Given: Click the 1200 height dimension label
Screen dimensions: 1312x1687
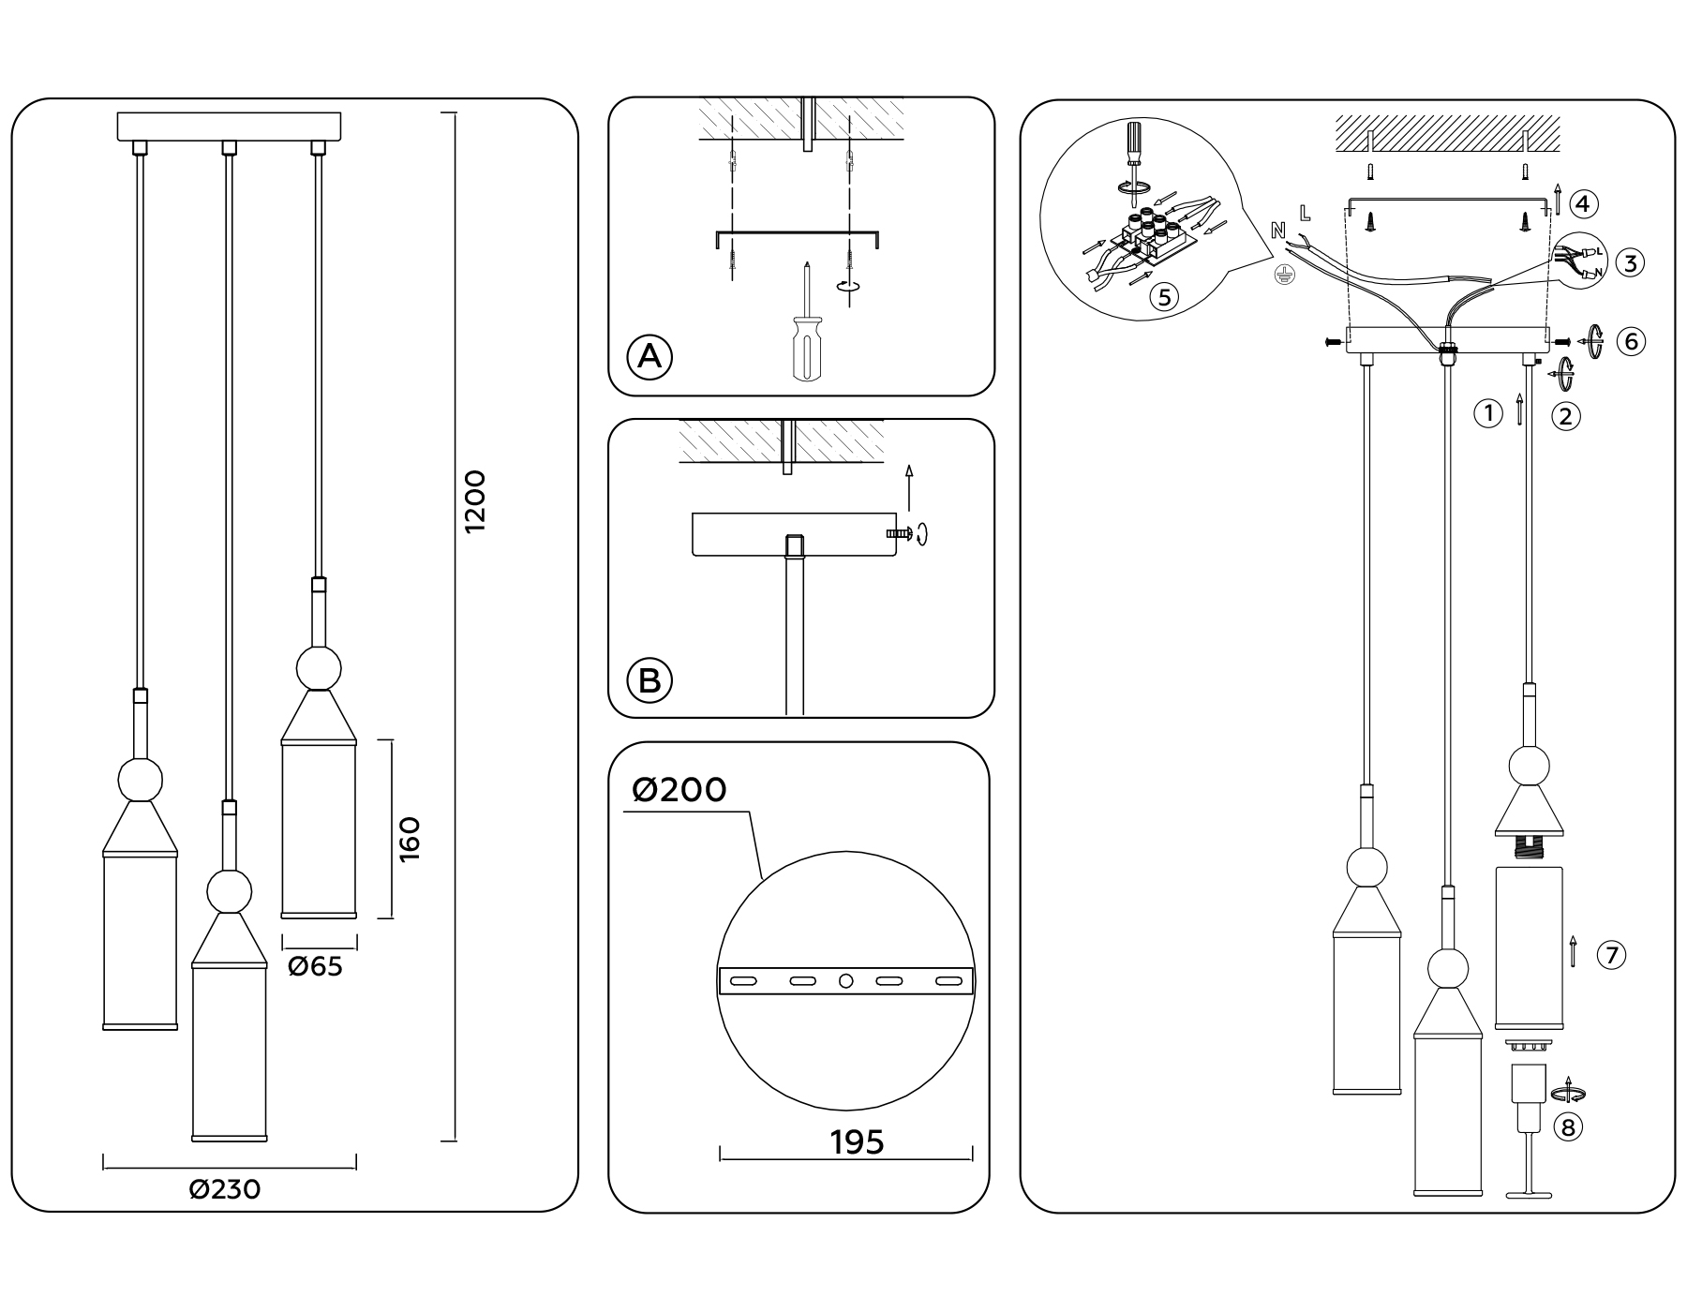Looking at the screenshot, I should [x=476, y=501].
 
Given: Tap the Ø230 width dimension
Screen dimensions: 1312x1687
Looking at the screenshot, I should [x=225, y=1189].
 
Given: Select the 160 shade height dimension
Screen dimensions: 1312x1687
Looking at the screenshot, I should [x=410, y=840].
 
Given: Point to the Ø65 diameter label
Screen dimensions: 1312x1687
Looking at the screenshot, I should [x=315, y=966].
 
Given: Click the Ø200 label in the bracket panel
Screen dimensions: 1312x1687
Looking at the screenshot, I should [x=679, y=790].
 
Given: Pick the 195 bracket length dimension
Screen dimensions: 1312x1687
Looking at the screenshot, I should [x=857, y=1142].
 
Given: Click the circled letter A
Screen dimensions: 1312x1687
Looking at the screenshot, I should [x=649, y=357].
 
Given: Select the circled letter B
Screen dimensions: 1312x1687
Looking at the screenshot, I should [x=649, y=680].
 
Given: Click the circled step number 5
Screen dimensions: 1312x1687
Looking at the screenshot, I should [x=1164, y=298].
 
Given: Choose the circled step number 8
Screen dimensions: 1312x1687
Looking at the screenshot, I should [x=1567, y=1126].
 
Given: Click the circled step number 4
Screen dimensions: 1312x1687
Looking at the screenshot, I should [x=1583, y=203].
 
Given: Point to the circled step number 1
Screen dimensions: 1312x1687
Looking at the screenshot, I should [x=1488, y=413].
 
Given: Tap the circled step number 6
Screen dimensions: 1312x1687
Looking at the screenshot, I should [x=1631, y=341].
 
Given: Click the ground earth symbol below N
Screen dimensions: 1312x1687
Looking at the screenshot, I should [x=1283, y=275].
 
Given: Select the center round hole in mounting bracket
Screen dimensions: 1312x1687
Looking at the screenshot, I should [x=845, y=981].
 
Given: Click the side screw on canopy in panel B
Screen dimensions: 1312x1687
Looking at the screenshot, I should [x=896, y=533].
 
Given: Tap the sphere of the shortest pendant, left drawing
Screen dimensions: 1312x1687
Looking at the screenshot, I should [x=319, y=668].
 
